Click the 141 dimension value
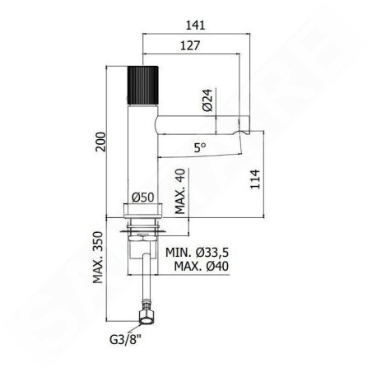(x=195, y=26)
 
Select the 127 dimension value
(x=190, y=45)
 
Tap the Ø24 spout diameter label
(x=207, y=100)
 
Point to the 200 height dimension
(x=100, y=142)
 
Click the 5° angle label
(x=200, y=148)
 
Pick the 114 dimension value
(x=255, y=179)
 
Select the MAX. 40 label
(x=180, y=191)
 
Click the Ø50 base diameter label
(x=142, y=198)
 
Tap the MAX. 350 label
(x=98, y=258)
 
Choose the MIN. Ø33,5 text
(x=197, y=253)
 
